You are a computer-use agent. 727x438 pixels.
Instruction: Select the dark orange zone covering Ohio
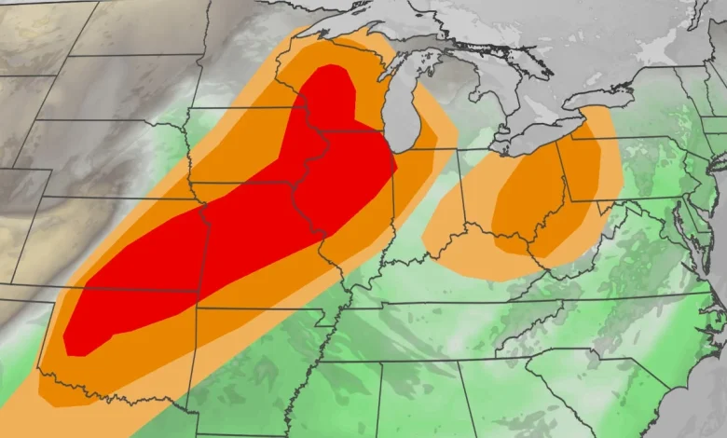pyautogui.click(x=531, y=200)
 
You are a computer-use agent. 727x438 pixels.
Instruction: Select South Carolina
pyautogui.click(x=597, y=373)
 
